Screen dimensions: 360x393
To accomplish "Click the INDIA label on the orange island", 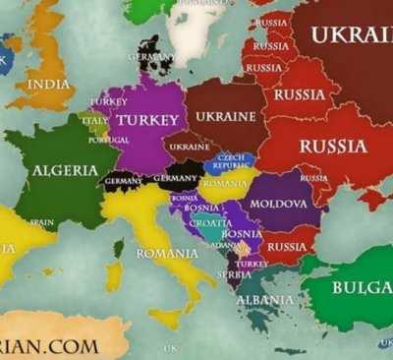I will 48,85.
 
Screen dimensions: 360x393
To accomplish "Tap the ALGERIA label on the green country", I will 65,170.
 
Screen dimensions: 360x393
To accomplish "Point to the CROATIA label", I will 210,222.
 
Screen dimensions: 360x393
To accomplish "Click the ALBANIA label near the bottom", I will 264,299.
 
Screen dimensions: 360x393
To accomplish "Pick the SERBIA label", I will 234,274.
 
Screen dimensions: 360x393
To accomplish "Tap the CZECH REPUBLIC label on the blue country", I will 232,161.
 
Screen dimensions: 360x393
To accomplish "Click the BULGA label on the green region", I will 363,287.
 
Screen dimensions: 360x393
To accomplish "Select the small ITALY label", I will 94,121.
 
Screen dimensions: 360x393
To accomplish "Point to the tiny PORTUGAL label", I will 108,140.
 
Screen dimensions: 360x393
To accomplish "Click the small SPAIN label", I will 41,222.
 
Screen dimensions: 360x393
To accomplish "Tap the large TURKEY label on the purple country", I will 146,120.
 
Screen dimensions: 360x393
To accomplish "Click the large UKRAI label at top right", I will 350,35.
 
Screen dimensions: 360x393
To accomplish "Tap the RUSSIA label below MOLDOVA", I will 287,246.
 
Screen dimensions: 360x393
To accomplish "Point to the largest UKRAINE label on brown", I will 226,116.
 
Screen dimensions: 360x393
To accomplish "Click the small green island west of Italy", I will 118,249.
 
